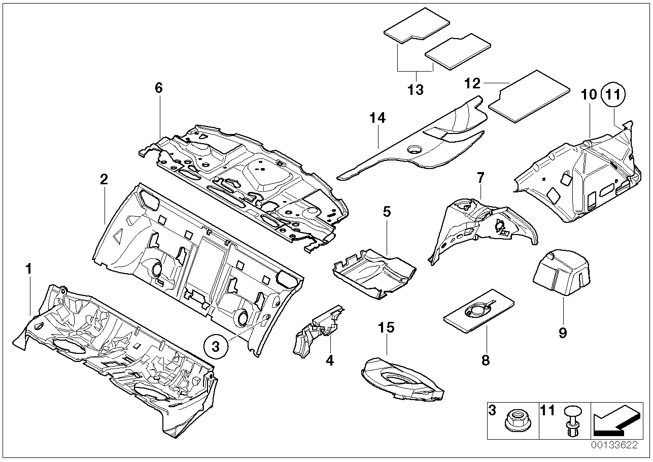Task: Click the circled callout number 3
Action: coord(216,347)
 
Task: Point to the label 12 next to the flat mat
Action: coord(472,83)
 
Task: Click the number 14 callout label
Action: coord(378,118)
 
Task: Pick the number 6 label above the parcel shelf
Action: coord(159,88)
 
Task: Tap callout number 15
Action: coord(386,327)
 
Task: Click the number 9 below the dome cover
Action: coord(563,333)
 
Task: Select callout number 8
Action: coord(486,360)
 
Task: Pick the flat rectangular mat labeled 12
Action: coord(529,96)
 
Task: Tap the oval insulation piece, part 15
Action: coord(402,379)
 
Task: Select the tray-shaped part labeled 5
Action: coord(374,274)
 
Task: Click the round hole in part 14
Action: coord(415,150)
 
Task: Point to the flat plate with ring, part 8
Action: coord(479,311)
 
